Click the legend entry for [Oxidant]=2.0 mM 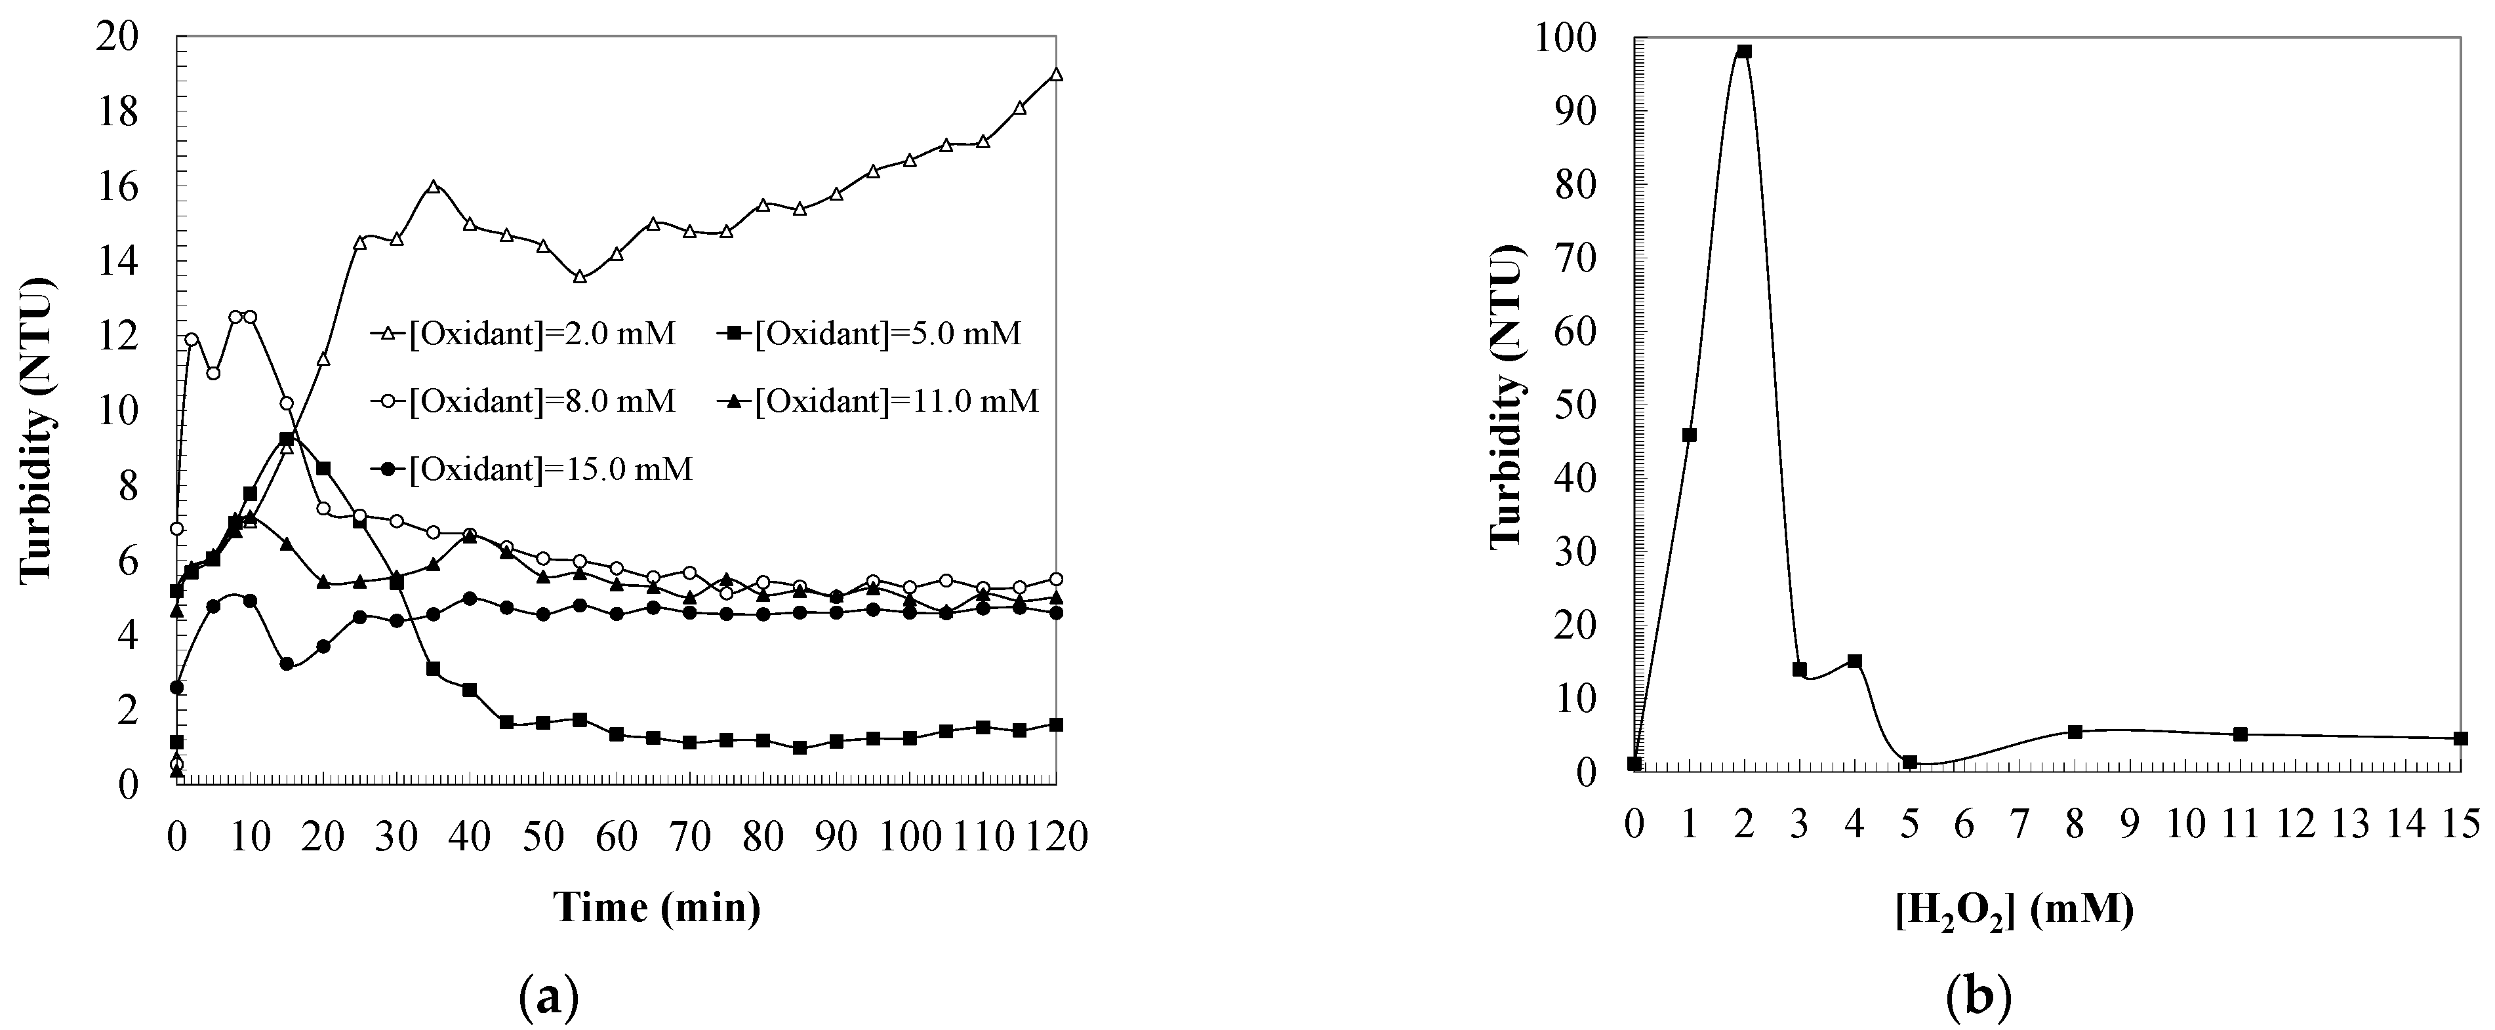[x=523, y=335]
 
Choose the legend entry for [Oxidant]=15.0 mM [x=532, y=471]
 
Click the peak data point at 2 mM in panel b [x=1745, y=51]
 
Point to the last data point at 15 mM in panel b [x=2461, y=739]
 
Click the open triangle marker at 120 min [x=1057, y=75]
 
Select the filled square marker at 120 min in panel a [x=1057, y=724]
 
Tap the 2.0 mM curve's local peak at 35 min [x=433, y=186]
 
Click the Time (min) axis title [x=657, y=908]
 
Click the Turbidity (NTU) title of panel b [x=1507, y=397]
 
